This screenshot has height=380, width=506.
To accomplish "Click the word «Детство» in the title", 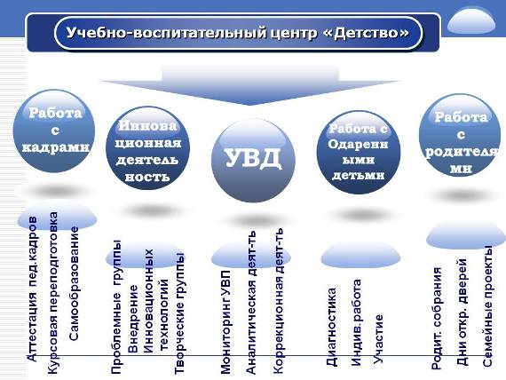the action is (372, 33).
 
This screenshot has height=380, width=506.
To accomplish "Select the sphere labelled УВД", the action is (253, 160).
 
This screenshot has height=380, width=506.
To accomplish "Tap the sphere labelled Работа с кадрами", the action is (54, 131).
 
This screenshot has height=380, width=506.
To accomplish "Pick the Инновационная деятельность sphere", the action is (147, 148).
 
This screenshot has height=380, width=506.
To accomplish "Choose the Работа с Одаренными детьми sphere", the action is (359, 153).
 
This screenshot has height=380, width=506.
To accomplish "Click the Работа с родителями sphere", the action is (460, 135).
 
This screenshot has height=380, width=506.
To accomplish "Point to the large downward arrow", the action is (250, 84).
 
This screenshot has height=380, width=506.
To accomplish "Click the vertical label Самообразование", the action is (75, 283).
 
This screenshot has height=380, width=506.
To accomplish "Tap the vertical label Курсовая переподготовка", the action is (53, 293).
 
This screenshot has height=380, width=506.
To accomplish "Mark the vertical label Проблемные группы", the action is (116, 307).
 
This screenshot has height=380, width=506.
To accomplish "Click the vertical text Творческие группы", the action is (179, 313).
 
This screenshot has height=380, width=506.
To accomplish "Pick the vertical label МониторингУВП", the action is (225, 322).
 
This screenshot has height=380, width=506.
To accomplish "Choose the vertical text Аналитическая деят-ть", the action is (251, 302).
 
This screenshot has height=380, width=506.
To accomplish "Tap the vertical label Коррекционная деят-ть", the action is (278, 301).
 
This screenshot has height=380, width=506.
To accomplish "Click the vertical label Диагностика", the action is (331, 327).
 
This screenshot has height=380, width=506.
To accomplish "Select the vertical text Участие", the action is (378, 339).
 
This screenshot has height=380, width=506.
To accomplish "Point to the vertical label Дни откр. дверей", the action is (463, 313).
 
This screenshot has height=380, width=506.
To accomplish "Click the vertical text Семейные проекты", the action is (487, 306).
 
